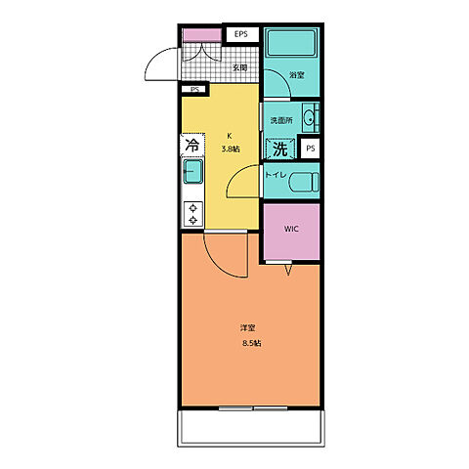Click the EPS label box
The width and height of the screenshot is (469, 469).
tap(242, 34)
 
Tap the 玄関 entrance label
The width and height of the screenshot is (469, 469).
tap(239, 68)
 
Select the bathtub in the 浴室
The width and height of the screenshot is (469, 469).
tap(291, 43)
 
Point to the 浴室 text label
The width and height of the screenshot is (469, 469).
tap(297, 75)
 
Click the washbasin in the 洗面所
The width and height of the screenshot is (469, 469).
tap(310, 117)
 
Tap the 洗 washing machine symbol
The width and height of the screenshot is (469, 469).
tap(280, 149)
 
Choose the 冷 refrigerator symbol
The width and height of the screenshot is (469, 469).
tap(192, 146)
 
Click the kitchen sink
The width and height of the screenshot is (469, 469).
tap(193, 171)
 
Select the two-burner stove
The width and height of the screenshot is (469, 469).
tap(193, 214)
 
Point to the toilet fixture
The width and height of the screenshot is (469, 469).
tap(304, 182)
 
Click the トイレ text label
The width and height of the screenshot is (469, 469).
tap(276, 175)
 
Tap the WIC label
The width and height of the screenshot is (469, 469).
tap(291, 229)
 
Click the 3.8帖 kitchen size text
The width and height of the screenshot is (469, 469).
tap(231, 149)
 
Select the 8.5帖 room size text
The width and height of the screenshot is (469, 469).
tap(252, 343)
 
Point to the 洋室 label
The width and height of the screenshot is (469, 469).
tap(248, 328)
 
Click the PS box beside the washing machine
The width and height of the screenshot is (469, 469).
tap(310, 149)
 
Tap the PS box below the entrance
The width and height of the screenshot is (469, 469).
tap(194, 89)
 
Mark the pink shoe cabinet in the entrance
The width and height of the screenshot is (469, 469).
tap(202, 35)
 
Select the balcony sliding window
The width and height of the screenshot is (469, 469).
tap(253, 408)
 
